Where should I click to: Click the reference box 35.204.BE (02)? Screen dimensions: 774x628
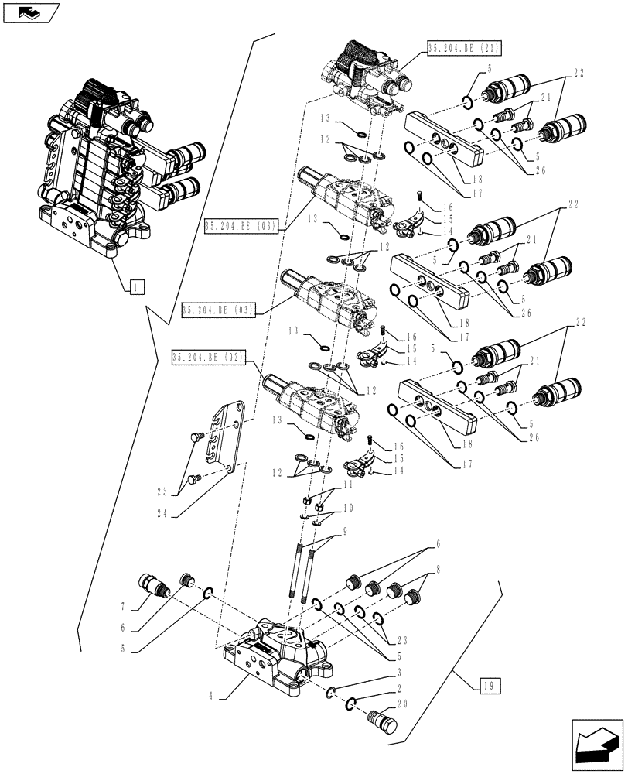[209, 358]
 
